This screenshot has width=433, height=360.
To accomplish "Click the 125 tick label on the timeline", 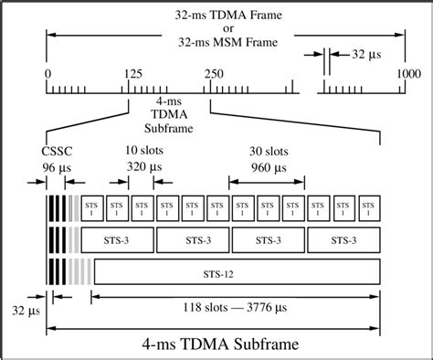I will [x=132, y=72].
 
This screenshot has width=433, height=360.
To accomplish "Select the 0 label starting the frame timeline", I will [x=47, y=72].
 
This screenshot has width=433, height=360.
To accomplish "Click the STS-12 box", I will [x=236, y=272].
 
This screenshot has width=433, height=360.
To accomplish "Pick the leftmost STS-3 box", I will [x=118, y=239].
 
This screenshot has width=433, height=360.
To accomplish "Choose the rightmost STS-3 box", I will [x=343, y=239].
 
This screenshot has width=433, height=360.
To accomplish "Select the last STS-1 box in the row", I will [x=369, y=207].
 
